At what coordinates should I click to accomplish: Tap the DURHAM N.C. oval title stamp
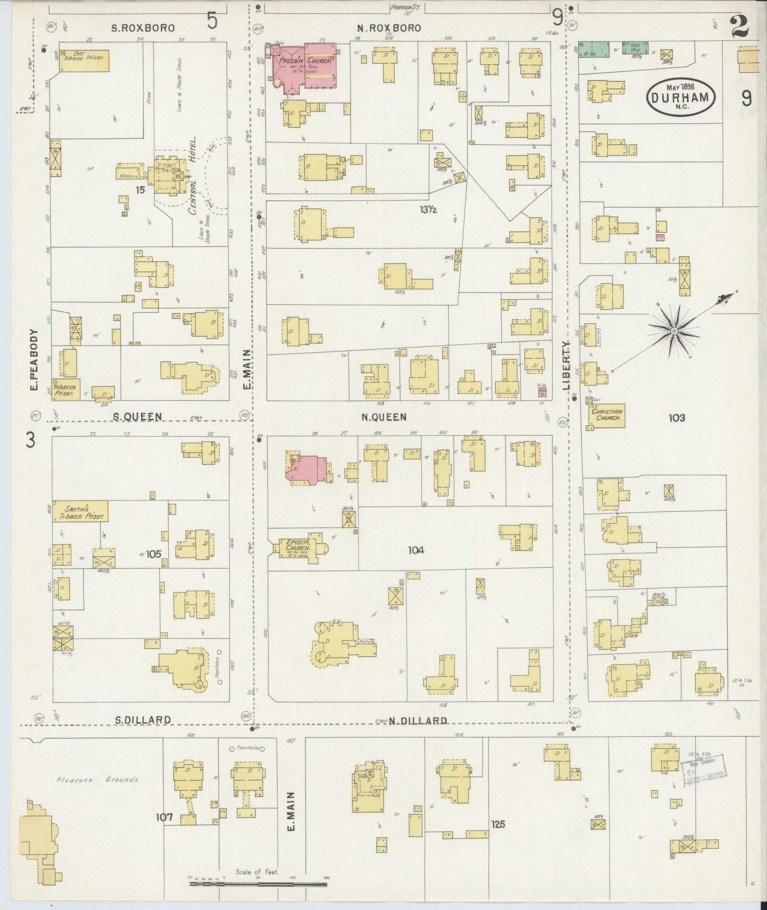(681, 97)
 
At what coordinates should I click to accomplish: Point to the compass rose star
(674, 331)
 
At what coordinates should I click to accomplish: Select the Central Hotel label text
(192, 175)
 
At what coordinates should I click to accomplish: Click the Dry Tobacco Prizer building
(83, 61)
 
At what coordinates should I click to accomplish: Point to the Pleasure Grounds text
(98, 780)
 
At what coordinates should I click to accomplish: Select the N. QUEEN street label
(384, 418)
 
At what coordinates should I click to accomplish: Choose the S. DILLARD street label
(143, 720)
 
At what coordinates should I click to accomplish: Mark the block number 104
(416, 551)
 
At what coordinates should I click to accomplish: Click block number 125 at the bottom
(498, 824)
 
